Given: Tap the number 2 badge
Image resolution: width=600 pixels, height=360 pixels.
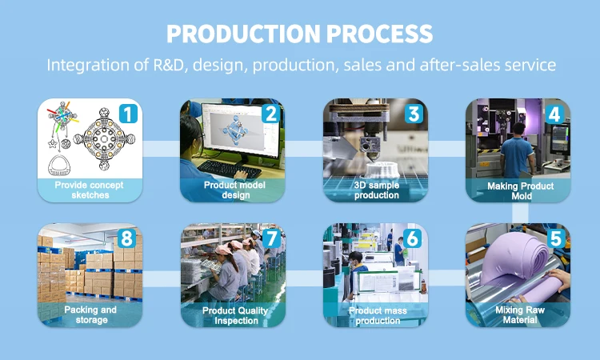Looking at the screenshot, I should click(270, 114).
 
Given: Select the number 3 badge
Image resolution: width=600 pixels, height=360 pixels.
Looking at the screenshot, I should click(413, 114).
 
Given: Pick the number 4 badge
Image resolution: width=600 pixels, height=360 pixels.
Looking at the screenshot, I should click(555, 114).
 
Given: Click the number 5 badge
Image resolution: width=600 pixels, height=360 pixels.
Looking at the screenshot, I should click(555, 238).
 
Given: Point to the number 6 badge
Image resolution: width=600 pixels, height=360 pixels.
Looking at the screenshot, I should click(413, 238).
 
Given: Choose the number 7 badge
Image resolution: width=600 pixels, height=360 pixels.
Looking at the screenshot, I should click(270, 238).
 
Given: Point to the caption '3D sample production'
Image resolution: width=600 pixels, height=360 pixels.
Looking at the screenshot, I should click(375, 190).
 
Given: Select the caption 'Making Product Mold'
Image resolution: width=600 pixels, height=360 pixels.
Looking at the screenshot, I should click(518, 190).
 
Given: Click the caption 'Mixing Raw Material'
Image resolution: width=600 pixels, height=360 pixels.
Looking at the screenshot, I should click(518, 314).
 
